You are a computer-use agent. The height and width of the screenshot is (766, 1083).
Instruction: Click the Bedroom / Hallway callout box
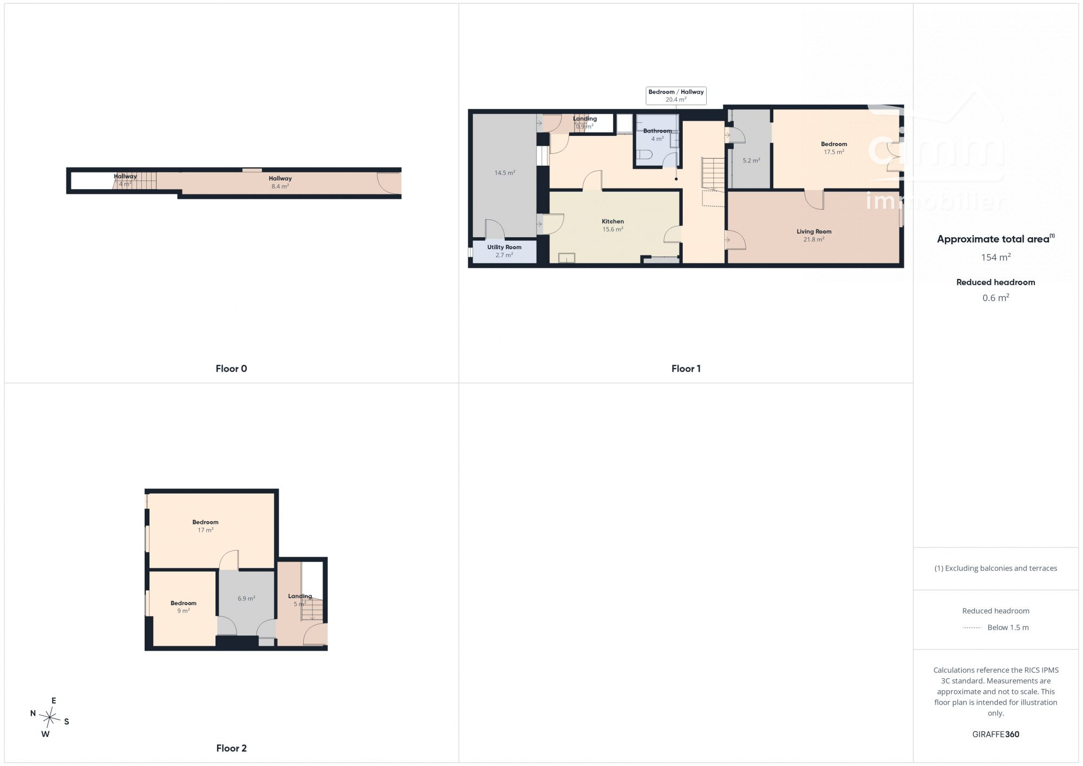pyautogui.click(x=676, y=95)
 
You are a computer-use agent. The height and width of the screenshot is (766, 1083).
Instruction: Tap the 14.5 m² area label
pyautogui.click(x=505, y=173)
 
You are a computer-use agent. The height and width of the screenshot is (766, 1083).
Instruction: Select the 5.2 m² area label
pyautogui.click(x=751, y=160)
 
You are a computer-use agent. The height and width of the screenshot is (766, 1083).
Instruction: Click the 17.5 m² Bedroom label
pyautogui.click(x=834, y=148)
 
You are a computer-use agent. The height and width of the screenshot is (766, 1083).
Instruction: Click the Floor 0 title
pyautogui.click(x=231, y=368)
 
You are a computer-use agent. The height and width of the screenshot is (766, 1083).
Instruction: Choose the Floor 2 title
pyautogui.click(x=231, y=748)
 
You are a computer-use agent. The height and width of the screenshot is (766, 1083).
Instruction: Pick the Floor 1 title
pyautogui.click(x=686, y=368)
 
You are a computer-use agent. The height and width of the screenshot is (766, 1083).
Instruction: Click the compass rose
pyautogui.click(x=50, y=718)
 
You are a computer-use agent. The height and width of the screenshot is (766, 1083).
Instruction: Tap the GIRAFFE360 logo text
pyautogui.click(x=995, y=735)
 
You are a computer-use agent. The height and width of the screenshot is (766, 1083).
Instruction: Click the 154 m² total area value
pyautogui.click(x=996, y=257)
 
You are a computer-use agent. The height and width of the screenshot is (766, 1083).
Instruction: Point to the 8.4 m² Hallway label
pyautogui.click(x=280, y=182)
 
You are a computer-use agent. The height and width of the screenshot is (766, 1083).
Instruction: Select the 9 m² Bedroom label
pyautogui.click(x=184, y=607)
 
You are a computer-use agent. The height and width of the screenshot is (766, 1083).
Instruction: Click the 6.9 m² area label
pyautogui.click(x=246, y=599)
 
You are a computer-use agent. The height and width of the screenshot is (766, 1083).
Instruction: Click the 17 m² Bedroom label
pyautogui.click(x=205, y=526)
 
